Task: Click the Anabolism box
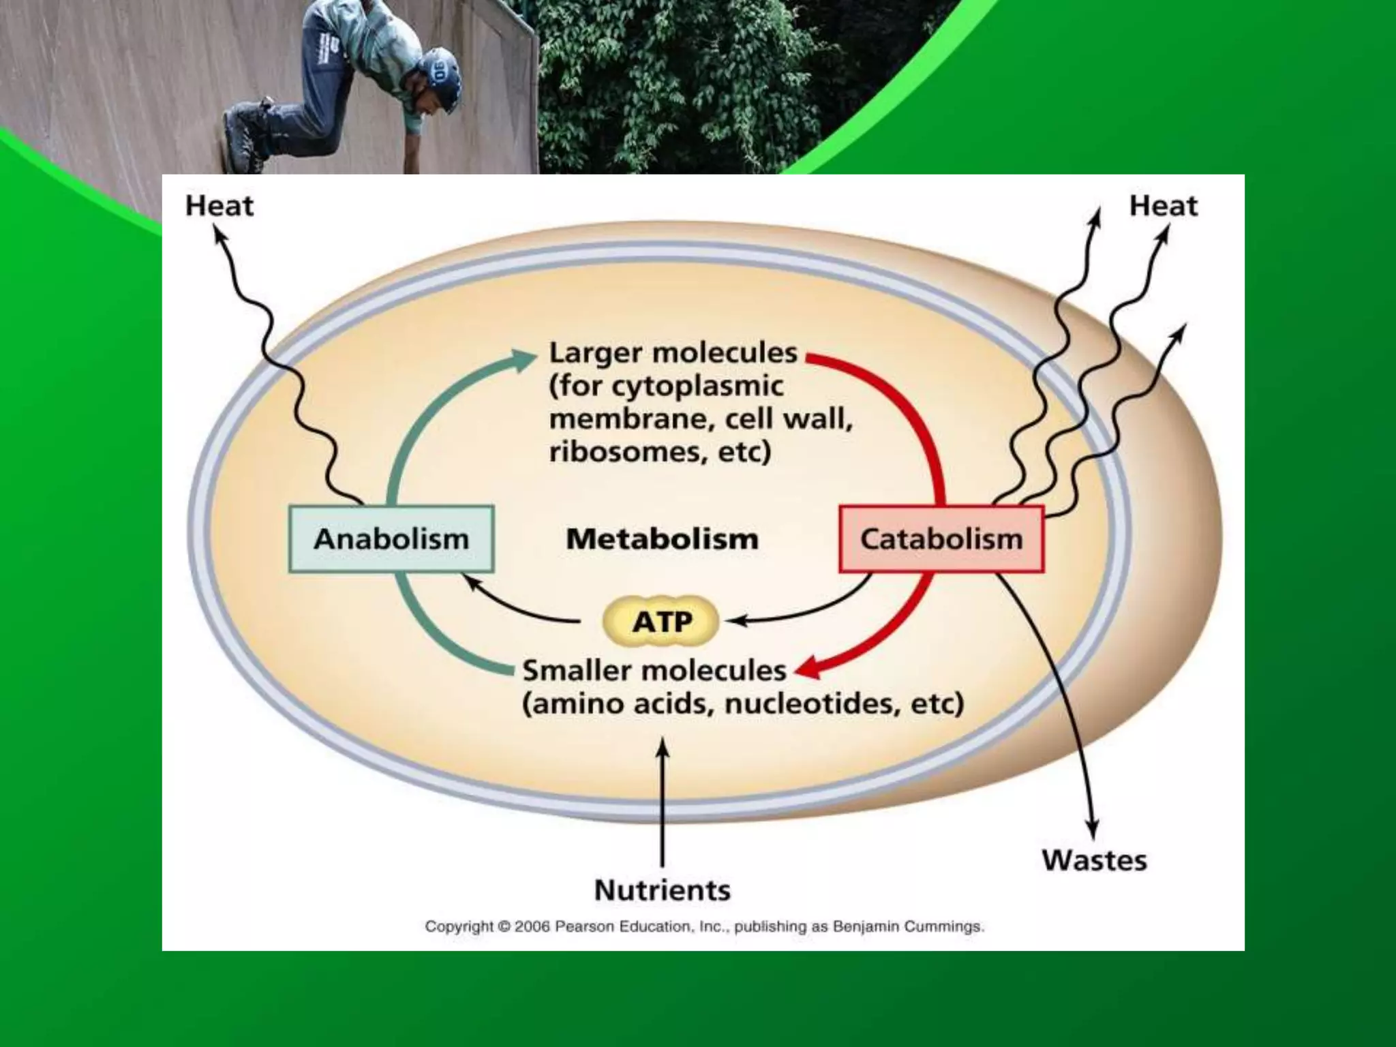391,538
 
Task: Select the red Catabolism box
941,538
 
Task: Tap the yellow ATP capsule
661,622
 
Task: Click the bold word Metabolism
662,539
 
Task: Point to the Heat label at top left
219,206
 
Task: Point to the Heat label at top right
1163,206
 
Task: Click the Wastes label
1094,860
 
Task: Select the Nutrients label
663,890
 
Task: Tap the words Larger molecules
673,353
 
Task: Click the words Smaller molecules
654,671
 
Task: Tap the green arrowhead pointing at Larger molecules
525,359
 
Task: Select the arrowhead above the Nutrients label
663,746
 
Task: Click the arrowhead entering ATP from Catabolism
735,621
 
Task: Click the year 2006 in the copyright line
532,927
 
